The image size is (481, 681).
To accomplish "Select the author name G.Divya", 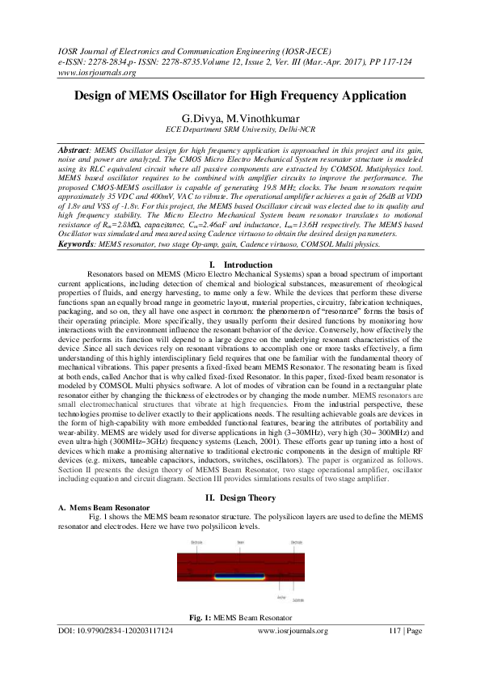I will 201,117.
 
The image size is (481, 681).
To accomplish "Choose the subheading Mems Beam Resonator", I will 111,506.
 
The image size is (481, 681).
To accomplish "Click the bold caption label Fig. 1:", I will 200,641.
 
